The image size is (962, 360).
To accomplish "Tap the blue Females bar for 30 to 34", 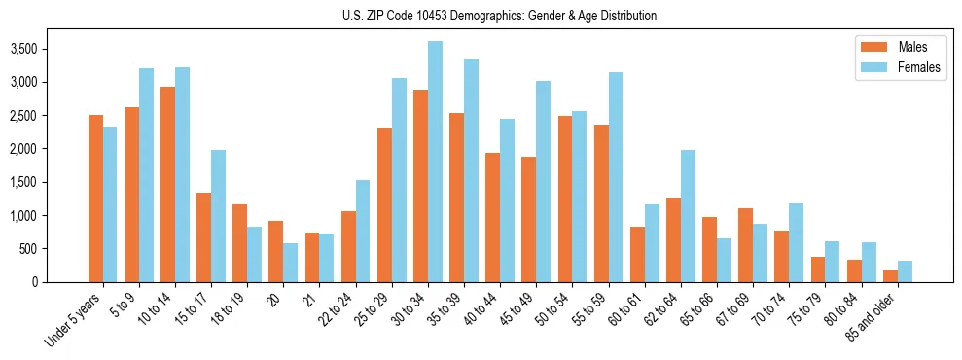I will (435, 162).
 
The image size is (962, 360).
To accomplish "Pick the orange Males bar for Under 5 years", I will (95, 198).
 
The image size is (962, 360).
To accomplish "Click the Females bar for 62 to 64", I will (688, 216).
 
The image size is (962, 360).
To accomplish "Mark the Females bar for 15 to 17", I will (218, 216).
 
